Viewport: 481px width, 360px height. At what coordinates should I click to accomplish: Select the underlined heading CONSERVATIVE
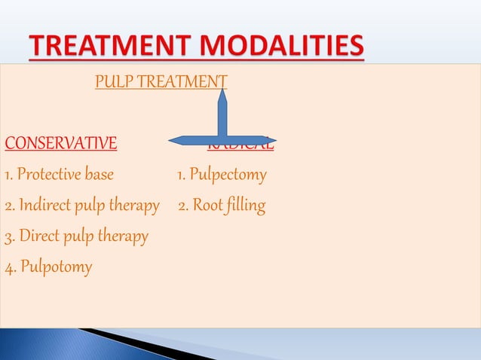pos(61,142)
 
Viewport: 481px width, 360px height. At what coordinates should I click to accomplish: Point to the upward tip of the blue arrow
pos(223,90)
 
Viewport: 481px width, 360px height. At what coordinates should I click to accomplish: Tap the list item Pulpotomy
pos(56,266)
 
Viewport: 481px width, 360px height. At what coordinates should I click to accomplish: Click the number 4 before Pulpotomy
pos(8,266)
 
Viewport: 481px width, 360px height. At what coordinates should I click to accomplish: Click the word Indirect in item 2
pos(44,205)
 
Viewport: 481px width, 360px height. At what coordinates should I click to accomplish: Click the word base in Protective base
pos(99,175)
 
